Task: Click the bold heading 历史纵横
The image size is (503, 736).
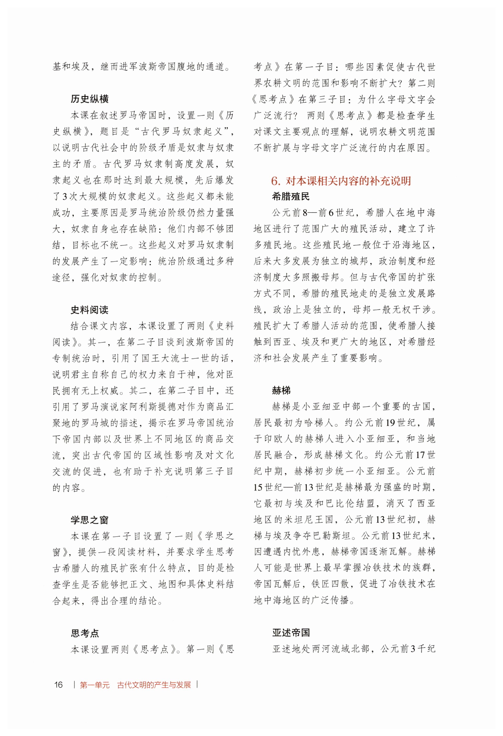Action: coord(90,99)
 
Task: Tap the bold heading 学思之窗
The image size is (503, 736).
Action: coord(90,520)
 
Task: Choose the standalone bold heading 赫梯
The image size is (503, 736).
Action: coord(281,391)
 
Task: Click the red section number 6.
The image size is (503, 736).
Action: coord(275,181)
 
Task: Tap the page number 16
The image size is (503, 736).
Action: coord(59,685)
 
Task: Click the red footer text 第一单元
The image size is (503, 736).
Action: coord(94,685)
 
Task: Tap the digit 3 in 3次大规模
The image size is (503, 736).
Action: coord(65,197)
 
